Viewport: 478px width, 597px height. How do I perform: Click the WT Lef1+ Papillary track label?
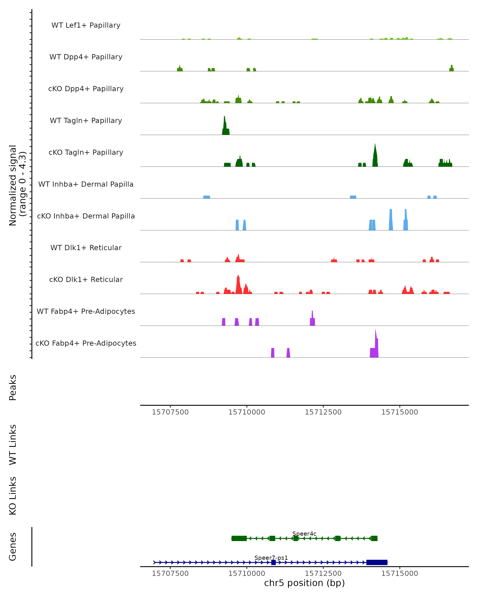click(86, 25)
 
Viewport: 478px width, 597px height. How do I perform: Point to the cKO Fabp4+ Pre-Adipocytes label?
click(86, 343)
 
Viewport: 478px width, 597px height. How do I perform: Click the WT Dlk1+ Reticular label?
click(86, 248)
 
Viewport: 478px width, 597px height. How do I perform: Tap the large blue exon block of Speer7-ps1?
click(377, 562)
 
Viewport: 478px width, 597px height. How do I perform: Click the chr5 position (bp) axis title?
click(304, 583)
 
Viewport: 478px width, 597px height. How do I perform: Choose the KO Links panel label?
click(13, 496)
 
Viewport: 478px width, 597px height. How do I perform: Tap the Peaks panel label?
click(13, 388)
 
